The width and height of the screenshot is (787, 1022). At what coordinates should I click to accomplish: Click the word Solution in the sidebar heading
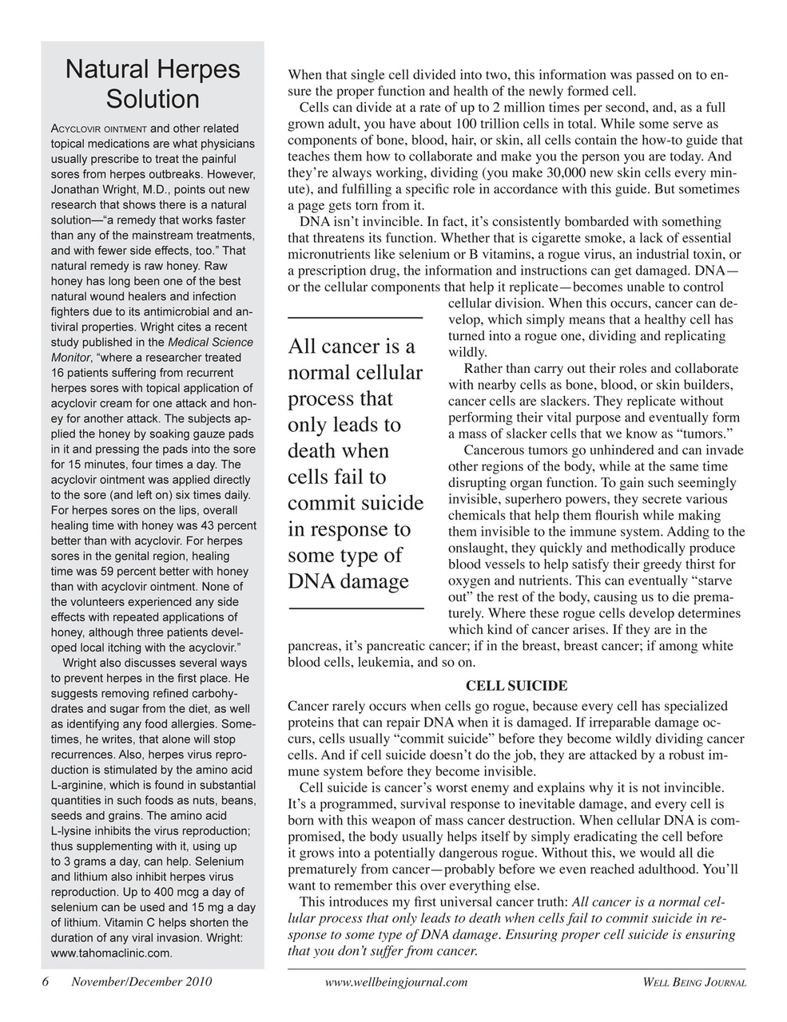[x=153, y=100]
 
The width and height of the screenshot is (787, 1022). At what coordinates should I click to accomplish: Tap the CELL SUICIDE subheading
[x=516, y=686]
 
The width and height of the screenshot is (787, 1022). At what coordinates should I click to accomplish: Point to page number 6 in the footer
[x=46, y=982]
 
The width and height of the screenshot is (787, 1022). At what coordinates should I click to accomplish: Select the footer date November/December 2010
[x=141, y=982]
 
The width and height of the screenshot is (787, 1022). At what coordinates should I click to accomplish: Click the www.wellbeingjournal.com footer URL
[x=396, y=983]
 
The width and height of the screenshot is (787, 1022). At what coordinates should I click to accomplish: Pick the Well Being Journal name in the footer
[x=694, y=983]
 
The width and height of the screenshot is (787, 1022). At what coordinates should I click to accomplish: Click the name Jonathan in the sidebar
[x=75, y=189]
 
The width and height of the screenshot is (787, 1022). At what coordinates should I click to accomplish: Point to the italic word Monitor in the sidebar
[x=71, y=358]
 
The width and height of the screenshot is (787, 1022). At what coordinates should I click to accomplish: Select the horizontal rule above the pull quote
[x=355, y=318]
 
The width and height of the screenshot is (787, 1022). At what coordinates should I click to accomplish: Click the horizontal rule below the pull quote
[x=355, y=609]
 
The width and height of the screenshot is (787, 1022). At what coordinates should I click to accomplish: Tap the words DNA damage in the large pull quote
[x=348, y=581]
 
